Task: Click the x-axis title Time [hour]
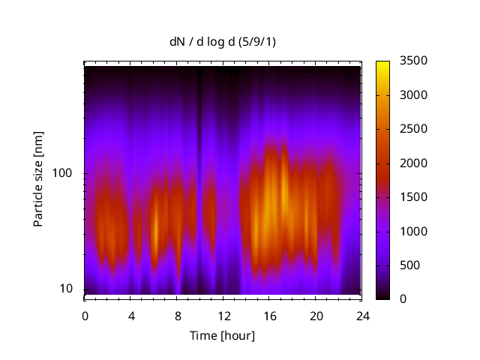pyautogui.click(x=221, y=335)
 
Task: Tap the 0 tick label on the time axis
pyautogui.click(x=85, y=315)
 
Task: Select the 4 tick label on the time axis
pyautogui.click(x=131, y=315)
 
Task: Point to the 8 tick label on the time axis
pyautogui.click(x=178, y=315)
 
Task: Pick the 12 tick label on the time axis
pyautogui.click(x=223, y=315)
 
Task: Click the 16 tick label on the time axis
pyautogui.click(x=270, y=315)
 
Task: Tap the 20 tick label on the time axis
pyautogui.click(x=316, y=315)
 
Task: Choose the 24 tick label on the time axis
pyautogui.click(x=362, y=315)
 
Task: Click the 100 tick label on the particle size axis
pyautogui.click(x=61, y=173)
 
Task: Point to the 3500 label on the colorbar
pyautogui.click(x=414, y=61)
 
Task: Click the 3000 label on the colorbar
pyautogui.click(x=414, y=95)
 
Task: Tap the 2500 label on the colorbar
pyautogui.click(x=414, y=129)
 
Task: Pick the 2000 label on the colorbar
pyautogui.click(x=414, y=163)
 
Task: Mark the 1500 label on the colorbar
pyautogui.click(x=414, y=197)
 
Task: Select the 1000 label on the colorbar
pyautogui.click(x=414, y=231)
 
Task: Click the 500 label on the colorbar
pyautogui.click(x=411, y=265)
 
